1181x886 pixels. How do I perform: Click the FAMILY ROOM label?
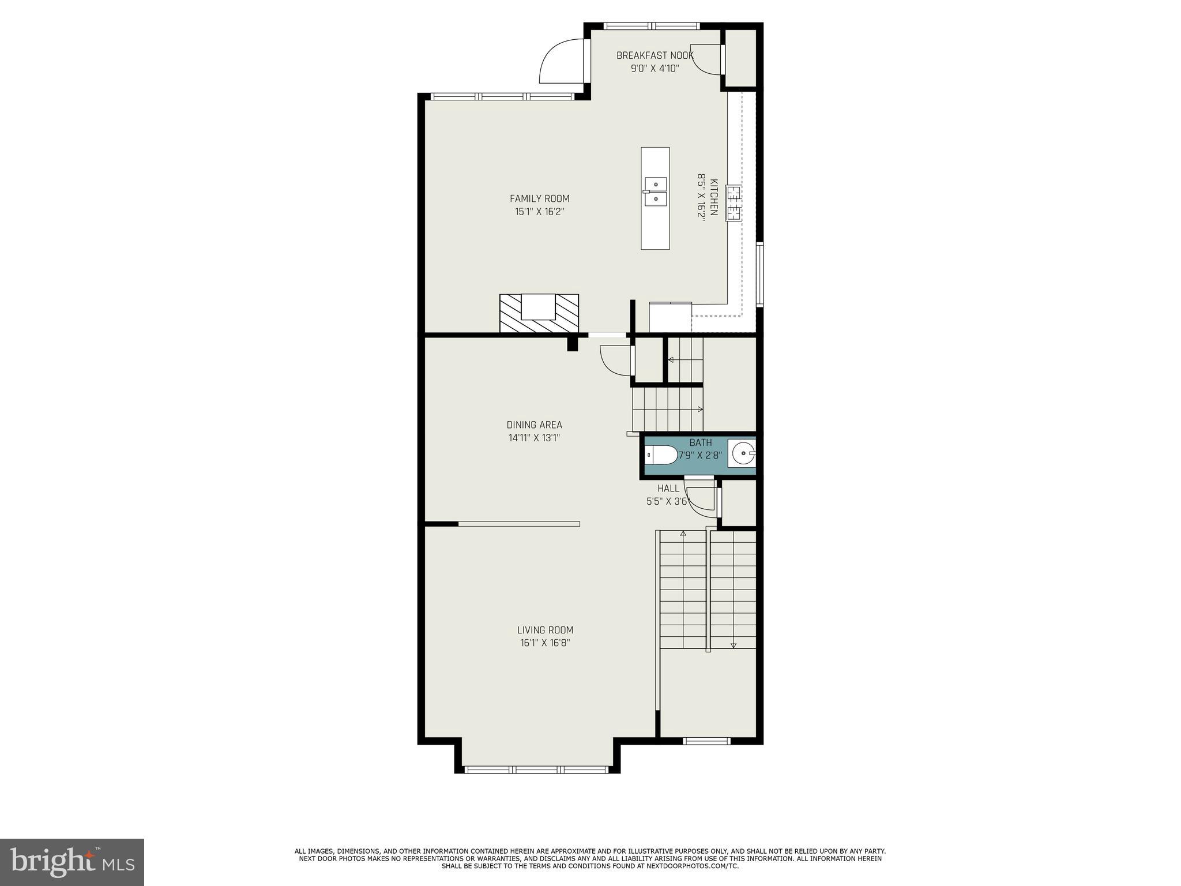539,198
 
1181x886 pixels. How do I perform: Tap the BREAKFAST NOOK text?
655,55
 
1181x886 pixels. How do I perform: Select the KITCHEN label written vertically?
713,197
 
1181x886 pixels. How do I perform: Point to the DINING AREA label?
534,425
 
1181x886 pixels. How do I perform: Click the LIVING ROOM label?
545,630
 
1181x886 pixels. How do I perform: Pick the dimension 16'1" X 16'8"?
545,643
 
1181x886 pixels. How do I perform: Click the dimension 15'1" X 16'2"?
539,212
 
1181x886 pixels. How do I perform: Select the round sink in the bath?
743,453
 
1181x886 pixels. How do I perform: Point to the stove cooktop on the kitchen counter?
734,203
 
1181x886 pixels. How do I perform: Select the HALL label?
668,489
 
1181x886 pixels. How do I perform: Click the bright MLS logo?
72,862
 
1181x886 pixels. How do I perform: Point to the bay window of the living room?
536,769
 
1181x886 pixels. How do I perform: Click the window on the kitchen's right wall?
760,274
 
